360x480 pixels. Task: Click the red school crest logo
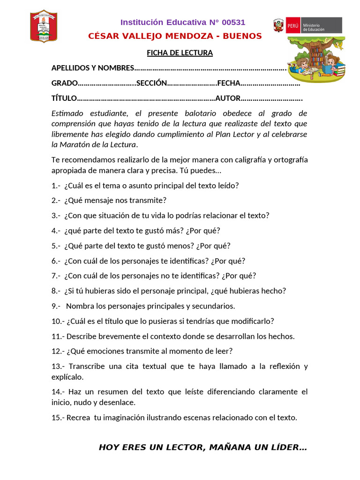[44, 26]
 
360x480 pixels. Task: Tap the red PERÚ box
[292, 25]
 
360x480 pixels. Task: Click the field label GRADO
[64, 83]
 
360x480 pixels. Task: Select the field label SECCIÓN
[151, 83]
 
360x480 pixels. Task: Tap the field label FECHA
[229, 83]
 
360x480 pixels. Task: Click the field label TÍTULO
[63, 98]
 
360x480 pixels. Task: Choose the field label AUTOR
[228, 98]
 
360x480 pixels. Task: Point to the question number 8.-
[56, 291]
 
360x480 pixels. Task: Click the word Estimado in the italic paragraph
[66, 113]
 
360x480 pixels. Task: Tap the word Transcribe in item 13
[86, 366]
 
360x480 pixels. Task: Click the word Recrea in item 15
[78, 417]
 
